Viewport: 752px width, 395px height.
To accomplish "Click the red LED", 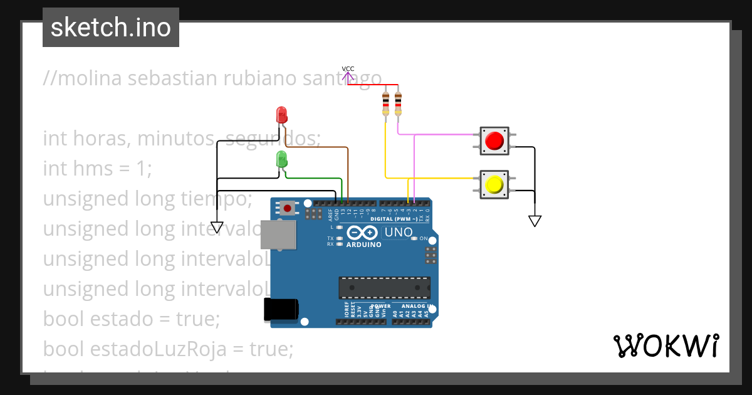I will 282,115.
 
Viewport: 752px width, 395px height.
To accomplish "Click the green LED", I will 282,159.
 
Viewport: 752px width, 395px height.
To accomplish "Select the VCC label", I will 348,69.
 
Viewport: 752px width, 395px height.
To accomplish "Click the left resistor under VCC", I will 385,103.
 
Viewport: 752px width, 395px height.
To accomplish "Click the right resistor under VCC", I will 399,103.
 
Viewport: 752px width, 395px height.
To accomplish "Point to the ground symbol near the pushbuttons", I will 535,221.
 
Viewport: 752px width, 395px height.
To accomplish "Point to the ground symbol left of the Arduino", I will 217,227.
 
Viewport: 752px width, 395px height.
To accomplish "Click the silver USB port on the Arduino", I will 279,235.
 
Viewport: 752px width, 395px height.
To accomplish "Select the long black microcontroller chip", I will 384,287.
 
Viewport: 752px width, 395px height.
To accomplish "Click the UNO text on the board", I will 399,233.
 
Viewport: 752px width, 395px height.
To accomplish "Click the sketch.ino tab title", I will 111,28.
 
